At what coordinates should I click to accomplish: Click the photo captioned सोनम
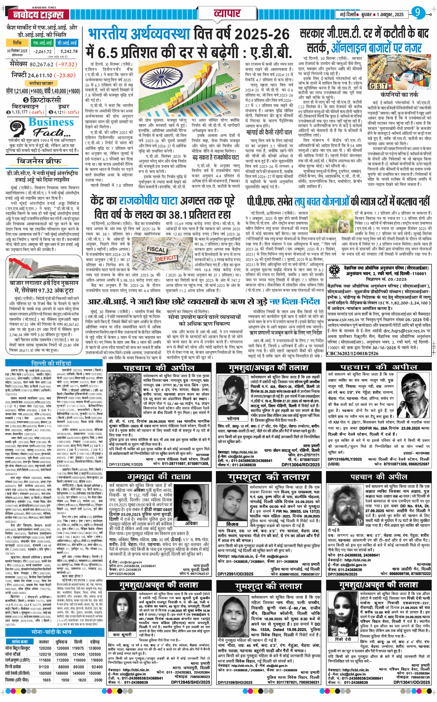233,399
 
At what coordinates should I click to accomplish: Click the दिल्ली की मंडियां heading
51,363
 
